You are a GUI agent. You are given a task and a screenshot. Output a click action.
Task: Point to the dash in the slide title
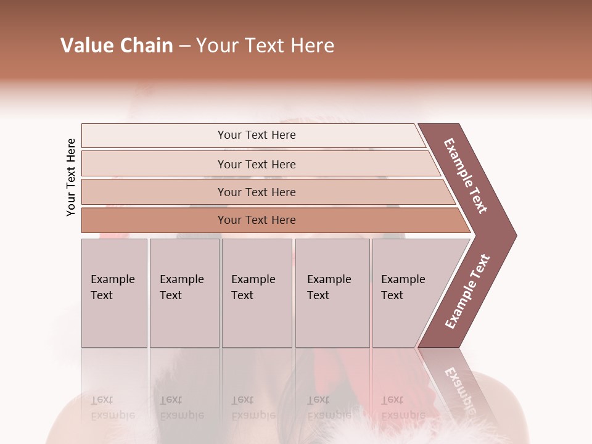coord(184,46)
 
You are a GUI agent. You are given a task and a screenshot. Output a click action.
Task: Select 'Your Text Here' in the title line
coord(265,46)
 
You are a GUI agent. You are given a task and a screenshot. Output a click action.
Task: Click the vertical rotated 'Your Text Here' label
coord(71,177)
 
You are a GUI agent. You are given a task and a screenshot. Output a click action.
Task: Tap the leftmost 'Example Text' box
coord(114,293)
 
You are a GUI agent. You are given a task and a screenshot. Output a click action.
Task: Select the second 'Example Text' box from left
coord(184,293)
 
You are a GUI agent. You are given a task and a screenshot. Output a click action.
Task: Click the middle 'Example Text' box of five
coord(257,293)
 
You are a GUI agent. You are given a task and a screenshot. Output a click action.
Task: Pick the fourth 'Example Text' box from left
coord(332,293)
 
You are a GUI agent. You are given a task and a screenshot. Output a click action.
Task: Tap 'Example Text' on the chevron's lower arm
coord(467,292)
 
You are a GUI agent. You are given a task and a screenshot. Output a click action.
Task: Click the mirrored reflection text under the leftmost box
coord(112,407)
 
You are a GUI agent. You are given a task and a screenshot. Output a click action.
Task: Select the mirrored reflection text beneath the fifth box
coord(403,407)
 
